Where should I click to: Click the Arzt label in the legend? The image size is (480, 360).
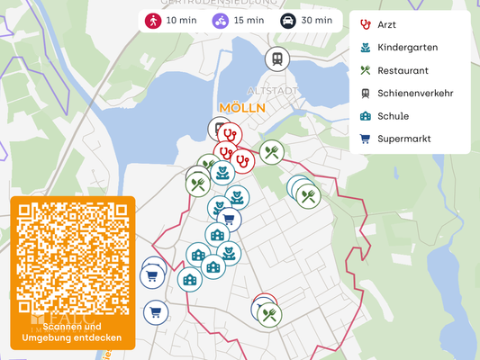(386, 24)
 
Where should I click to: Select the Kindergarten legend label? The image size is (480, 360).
(407, 47)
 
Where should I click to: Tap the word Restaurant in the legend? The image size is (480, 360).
(403, 70)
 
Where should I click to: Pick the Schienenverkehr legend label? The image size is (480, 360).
(415, 93)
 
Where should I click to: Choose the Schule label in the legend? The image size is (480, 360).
(393, 116)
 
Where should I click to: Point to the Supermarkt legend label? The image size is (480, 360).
(404, 139)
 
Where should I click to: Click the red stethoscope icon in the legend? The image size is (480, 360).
(365, 24)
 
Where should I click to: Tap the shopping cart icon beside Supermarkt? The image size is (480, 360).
(365, 139)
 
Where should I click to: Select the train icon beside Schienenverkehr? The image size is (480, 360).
(365, 93)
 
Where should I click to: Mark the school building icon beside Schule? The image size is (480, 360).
(365, 116)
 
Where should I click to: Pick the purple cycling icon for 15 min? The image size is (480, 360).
(220, 20)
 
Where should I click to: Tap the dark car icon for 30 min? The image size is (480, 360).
(287, 20)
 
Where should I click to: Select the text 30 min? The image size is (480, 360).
(316, 20)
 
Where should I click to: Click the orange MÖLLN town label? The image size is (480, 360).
(241, 107)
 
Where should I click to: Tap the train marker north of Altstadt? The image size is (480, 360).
(276, 59)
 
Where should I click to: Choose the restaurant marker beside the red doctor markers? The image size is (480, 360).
(272, 152)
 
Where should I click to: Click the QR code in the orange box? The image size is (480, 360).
(72, 256)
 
